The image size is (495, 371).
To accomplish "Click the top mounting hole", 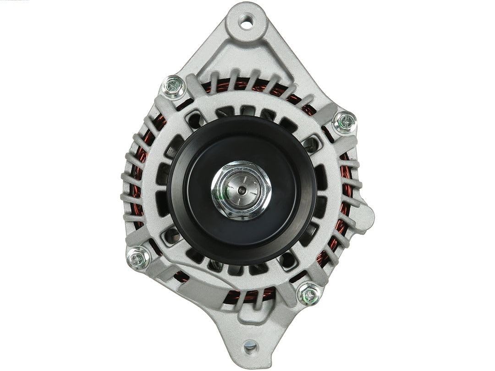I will pos(247,22).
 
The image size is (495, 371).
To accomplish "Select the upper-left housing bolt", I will pos(173,85).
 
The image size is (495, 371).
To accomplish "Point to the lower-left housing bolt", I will pos(137,258).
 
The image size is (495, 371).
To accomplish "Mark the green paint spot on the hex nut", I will pos(216,194).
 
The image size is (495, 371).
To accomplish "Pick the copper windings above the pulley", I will pos(238,85).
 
